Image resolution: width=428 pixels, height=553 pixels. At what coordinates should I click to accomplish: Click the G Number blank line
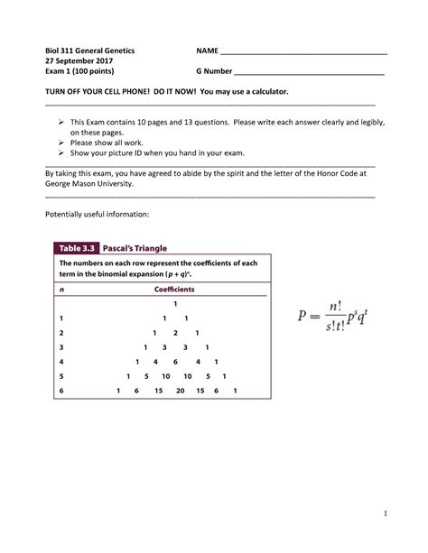[308, 69]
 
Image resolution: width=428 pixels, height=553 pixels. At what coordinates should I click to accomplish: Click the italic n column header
[61, 290]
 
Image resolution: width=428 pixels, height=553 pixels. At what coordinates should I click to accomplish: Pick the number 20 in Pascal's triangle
[181, 391]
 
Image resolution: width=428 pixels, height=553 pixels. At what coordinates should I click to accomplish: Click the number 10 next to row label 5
[166, 376]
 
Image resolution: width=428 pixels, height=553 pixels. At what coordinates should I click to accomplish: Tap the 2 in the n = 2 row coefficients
[175, 333]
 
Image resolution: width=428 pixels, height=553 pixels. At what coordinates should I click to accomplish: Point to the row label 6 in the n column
[61, 391]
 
